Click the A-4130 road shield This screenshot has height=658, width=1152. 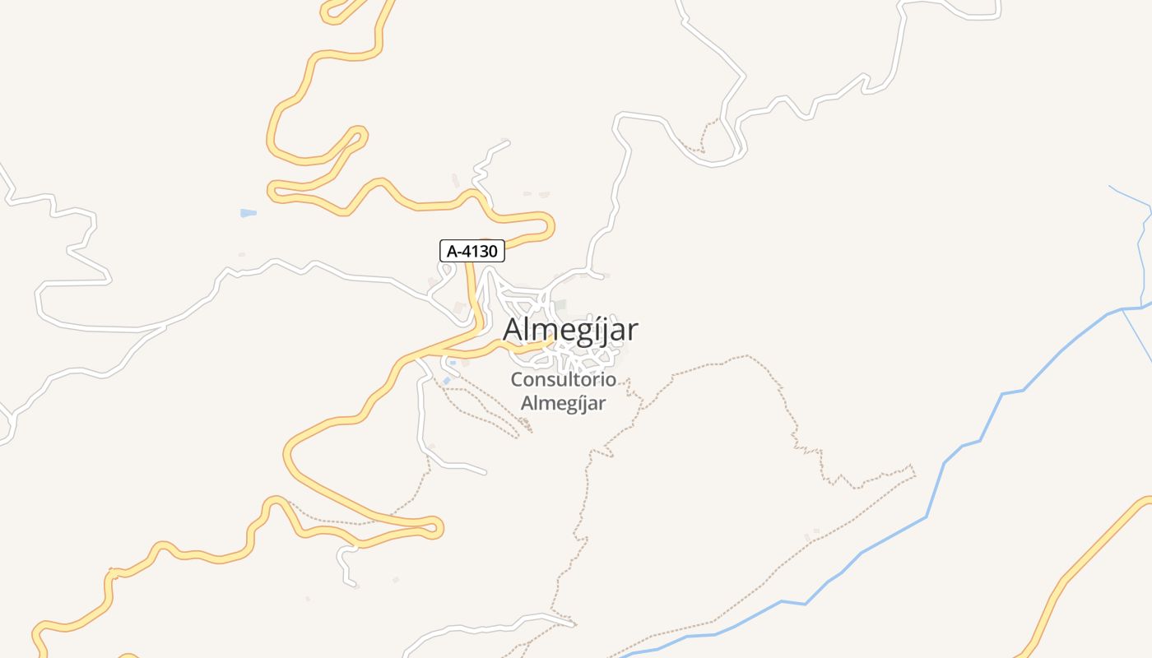coord(471,251)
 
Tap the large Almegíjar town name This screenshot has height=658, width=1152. coord(570,330)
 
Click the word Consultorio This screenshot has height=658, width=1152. coord(563,380)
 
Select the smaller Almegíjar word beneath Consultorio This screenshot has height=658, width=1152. coord(563,403)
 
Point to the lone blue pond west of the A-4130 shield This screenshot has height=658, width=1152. coord(248,213)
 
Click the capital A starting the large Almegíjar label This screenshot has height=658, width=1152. coord(513,330)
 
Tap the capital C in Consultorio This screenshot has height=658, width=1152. coord(518,380)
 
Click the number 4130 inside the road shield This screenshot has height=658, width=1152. coord(481,251)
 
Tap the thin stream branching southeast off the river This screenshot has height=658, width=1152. coord(1137,337)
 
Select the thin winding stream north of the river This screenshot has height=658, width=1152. coord(1142,247)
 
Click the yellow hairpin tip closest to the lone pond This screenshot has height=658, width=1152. coord(273,191)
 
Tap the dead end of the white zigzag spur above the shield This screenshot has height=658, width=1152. coord(508,142)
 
